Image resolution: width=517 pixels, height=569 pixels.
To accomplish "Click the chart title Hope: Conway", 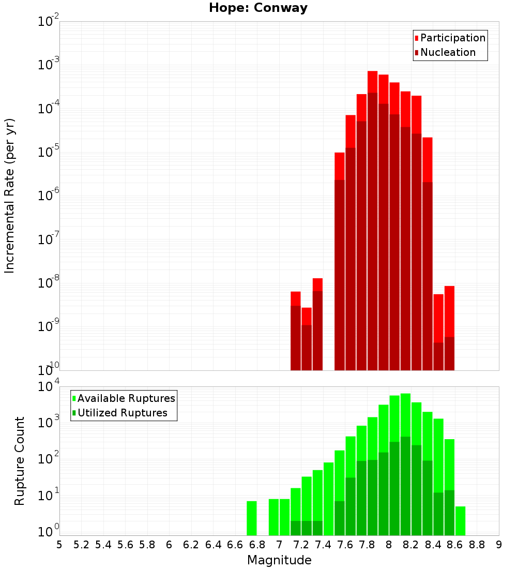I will click(258, 8).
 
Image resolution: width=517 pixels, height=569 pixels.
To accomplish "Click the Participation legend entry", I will click(452, 38).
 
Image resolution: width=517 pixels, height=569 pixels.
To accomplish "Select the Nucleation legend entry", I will click(447, 52).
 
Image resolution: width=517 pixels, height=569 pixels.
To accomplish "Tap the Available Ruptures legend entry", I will click(126, 398).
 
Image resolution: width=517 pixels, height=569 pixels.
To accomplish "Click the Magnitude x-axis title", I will click(279, 560).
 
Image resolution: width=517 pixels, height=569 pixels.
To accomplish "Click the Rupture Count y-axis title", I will click(20, 461).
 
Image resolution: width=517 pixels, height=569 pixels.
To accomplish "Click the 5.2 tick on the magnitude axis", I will click(81, 544).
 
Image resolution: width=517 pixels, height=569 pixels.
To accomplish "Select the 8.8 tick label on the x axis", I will click(477, 544).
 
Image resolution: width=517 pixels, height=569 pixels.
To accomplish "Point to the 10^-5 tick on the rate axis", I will click(49, 152).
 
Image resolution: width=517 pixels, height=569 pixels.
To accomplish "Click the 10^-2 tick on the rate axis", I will click(49, 22).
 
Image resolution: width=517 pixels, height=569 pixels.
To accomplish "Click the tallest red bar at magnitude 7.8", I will click(372, 207).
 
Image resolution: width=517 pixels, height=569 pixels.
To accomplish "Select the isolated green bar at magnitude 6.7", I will click(252, 518).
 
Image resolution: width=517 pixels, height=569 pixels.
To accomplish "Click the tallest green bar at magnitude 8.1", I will click(405, 466).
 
